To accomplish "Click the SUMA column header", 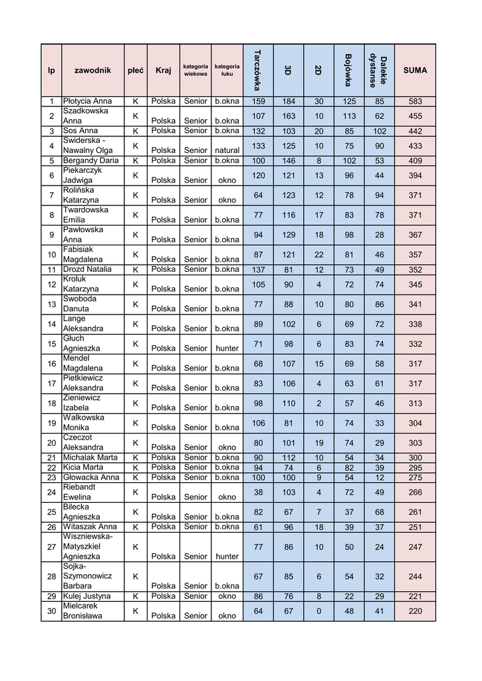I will (x=415, y=70).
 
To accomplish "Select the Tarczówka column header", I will (x=257, y=70).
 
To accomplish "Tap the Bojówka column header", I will (x=348, y=70).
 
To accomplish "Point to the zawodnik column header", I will (x=92, y=70).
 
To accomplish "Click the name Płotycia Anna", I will (x=87, y=102).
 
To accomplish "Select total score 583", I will (x=415, y=102).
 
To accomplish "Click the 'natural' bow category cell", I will (x=227, y=150).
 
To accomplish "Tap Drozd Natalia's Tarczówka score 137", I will (x=258, y=269).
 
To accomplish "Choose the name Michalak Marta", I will (x=90, y=458).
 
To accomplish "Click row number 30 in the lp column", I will (x=51, y=611).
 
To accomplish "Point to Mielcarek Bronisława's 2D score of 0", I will (x=318, y=611).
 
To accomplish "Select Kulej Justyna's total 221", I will (x=415, y=597).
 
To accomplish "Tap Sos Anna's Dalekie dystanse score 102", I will (x=379, y=131).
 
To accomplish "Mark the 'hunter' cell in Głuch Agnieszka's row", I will (x=227, y=348).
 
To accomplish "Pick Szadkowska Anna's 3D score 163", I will (x=289, y=116).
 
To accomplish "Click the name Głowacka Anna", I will (x=91, y=477).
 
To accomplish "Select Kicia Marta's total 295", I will (x=415, y=468).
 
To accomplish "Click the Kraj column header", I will (x=163, y=70).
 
